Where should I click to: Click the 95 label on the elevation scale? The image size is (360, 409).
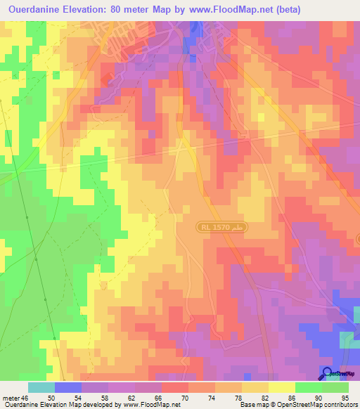point(345,398)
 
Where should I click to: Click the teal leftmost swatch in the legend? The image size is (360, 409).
point(41,387)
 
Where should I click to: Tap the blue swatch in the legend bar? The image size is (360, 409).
point(68,387)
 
